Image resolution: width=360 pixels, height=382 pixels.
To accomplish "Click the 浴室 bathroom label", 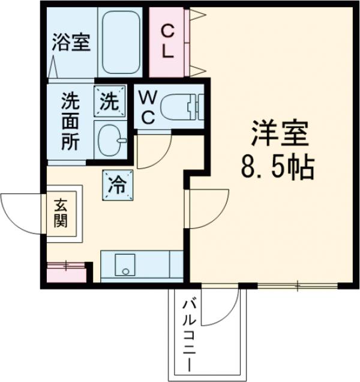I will coord(71,43).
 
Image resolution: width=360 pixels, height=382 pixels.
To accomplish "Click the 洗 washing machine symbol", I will coord(109,100).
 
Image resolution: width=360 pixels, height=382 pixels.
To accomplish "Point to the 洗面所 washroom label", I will coord(70,124).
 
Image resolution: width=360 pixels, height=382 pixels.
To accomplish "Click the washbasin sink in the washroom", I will coord(110,140).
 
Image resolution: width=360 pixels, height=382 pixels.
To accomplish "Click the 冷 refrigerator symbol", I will coord(117,183).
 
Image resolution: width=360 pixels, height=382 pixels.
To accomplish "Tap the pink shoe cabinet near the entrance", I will coord(66,273).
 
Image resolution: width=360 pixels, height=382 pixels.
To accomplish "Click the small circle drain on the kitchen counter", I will coord(125,272).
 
